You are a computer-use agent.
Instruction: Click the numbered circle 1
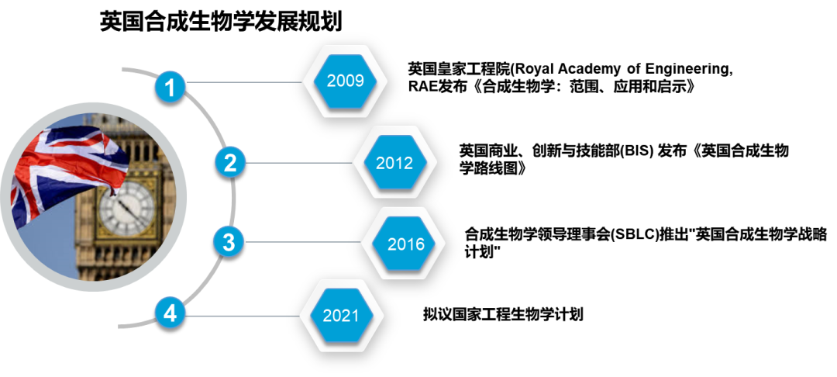pyautogui.click(x=170, y=86)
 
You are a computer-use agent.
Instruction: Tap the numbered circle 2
pyautogui.click(x=229, y=163)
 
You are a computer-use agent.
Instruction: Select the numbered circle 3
pyautogui.click(x=229, y=242)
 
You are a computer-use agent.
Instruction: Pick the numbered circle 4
pyautogui.click(x=170, y=314)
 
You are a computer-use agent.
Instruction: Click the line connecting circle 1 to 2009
pyautogui.click(x=244, y=81)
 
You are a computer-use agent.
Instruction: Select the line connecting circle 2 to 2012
pyautogui.click(x=298, y=163)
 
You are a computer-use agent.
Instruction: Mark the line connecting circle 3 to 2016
pyautogui.click(x=302, y=242)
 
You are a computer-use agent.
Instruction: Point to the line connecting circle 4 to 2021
pyautogui.click(x=242, y=316)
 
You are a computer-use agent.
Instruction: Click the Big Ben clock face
pyautogui.click(x=126, y=207)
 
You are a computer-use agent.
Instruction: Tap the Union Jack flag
pyautogui.click(x=66, y=167)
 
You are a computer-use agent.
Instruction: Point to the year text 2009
pyautogui.click(x=346, y=81)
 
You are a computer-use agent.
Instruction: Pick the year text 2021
pyautogui.click(x=341, y=316)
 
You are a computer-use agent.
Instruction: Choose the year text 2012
pyautogui.click(x=394, y=163)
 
